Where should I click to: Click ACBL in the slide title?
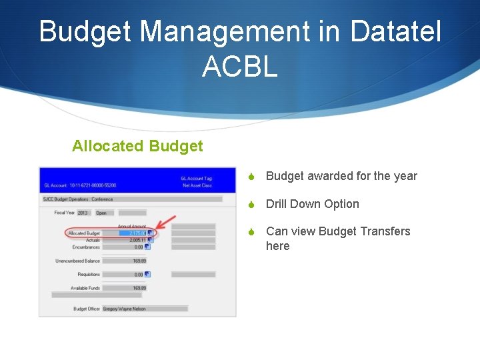click(x=239, y=66)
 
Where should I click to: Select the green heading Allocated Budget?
click(x=137, y=146)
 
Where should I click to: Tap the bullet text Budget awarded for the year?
click(x=341, y=176)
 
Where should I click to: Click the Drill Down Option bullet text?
click(x=312, y=204)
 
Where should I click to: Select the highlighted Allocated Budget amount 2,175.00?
click(x=133, y=233)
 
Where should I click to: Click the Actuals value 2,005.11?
click(x=133, y=240)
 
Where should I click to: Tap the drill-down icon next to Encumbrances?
click(x=148, y=247)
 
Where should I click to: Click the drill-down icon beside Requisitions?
click(x=148, y=274)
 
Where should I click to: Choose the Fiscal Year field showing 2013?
click(x=83, y=213)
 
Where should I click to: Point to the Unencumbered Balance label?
click(x=77, y=261)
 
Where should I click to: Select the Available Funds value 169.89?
click(x=138, y=288)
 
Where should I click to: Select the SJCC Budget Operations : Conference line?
click(x=79, y=199)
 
